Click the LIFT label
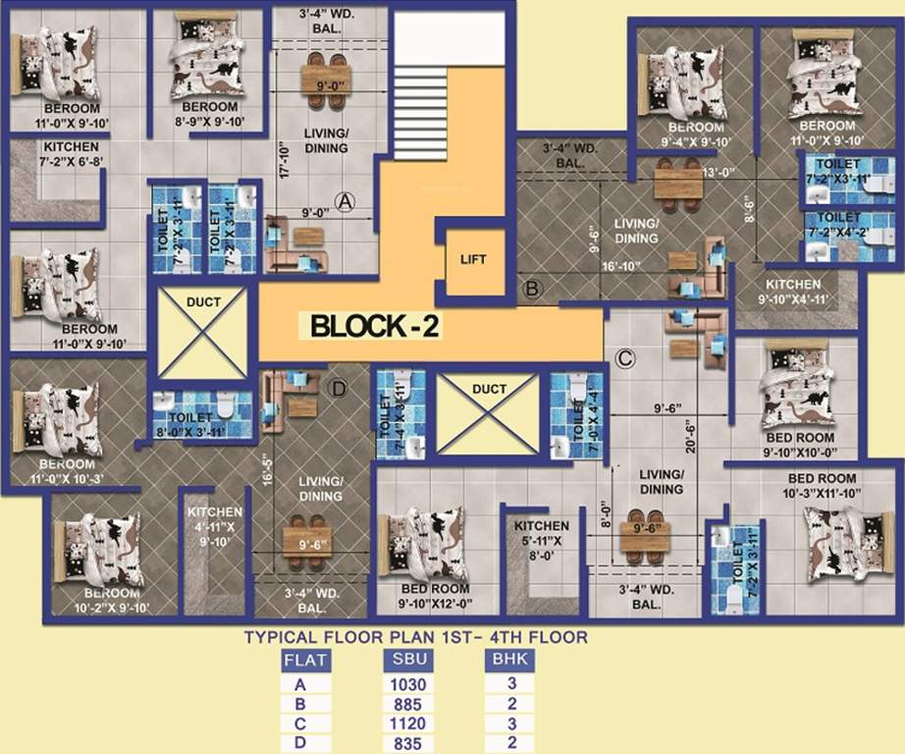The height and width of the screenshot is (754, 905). pyautogui.click(x=473, y=259)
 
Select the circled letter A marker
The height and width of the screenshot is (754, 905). pyautogui.click(x=344, y=201)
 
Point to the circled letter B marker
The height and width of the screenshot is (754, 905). pyautogui.click(x=532, y=289)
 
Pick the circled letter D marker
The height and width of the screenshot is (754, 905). pyautogui.click(x=339, y=390)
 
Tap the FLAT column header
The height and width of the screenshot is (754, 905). pyautogui.click(x=305, y=661)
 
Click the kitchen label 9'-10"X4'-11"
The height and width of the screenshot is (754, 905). pyautogui.click(x=793, y=292)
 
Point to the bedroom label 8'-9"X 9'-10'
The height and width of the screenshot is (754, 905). pyautogui.click(x=209, y=114)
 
